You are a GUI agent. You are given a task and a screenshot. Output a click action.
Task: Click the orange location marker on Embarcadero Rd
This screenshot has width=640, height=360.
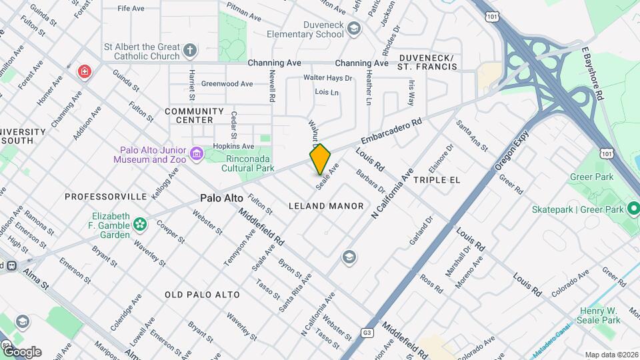[x=320, y=159]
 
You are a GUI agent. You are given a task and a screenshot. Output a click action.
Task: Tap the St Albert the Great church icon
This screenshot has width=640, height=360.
[x=190, y=51]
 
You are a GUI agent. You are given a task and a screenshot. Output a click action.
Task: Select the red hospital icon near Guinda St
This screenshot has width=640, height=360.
[x=84, y=71]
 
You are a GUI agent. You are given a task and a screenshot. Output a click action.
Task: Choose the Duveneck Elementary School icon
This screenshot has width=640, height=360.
[x=353, y=28]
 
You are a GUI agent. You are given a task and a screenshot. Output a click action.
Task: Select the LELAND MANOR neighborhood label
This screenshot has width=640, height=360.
[x=326, y=206]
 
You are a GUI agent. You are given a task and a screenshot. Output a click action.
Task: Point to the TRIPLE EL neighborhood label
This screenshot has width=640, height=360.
[x=437, y=180]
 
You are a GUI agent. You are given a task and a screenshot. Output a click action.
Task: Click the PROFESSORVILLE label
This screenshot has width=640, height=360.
[x=105, y=197]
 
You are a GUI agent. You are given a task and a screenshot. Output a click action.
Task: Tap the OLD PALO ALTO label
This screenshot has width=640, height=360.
[x=197, y=294]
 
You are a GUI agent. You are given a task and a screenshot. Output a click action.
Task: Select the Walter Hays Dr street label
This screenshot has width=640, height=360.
[x=327, y=78]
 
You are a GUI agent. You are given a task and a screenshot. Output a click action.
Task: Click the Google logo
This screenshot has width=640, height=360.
[x=21, y=351]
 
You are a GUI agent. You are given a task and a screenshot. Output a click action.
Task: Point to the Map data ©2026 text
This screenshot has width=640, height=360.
[x=611, y=355]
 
